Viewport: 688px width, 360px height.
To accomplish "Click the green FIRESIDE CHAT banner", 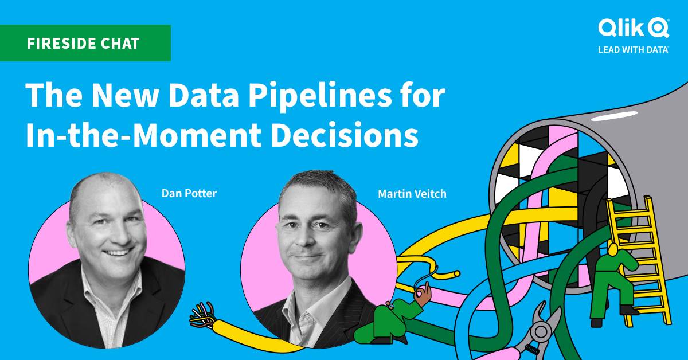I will [85, 43].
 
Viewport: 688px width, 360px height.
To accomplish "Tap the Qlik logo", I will [632, 27].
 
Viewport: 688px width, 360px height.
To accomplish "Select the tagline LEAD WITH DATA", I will [633, 49].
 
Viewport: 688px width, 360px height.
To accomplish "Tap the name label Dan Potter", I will [189, 194].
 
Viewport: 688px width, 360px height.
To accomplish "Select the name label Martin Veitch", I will [412, 194].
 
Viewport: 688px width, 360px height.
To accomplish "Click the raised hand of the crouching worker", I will [423, 294].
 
